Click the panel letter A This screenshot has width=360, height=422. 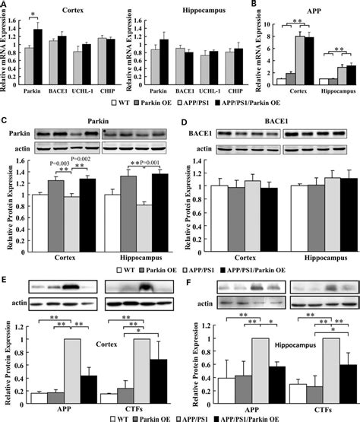click(x=5, y=5)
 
